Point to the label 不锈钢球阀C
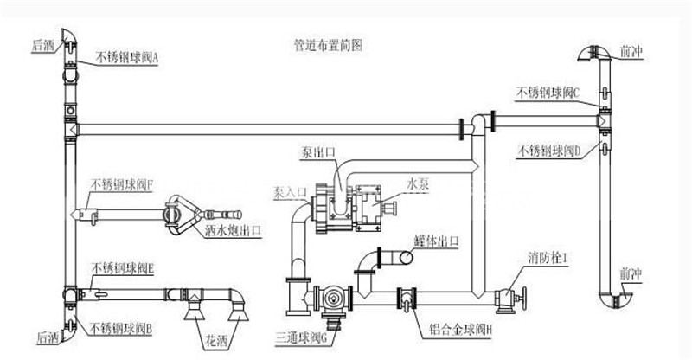pos(553,90)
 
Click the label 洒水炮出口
pos(234,232)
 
